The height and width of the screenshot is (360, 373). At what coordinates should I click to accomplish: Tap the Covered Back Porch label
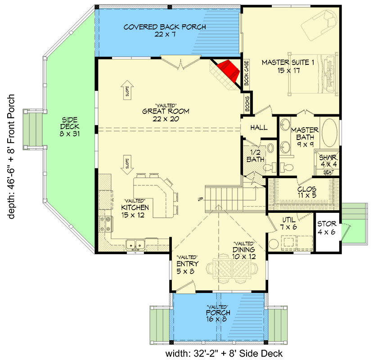point(165,31)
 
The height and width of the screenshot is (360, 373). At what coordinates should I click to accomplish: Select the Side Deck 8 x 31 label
point(69,127)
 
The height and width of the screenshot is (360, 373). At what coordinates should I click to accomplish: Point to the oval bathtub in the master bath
point(329,133)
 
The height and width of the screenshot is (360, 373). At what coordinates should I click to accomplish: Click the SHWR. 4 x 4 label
point(328,161)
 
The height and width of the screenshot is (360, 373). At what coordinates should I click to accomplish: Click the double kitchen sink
point(135,244)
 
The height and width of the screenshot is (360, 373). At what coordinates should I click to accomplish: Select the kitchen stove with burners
point(106,224)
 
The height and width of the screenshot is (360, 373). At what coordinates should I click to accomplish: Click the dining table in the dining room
point(232,268)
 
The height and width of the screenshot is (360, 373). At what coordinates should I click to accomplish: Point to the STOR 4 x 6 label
point(327,228)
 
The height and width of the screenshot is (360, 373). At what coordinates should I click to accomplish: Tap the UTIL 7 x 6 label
point(288,223)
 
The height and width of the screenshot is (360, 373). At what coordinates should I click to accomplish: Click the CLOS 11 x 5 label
point(307,192)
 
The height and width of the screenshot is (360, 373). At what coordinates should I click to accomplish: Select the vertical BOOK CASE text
point(246,72)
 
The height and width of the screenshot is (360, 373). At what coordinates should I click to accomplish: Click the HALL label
point(259,127)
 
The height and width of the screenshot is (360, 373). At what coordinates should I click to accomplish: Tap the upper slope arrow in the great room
point(127,90)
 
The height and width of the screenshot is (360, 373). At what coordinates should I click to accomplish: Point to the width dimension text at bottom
point(224,353)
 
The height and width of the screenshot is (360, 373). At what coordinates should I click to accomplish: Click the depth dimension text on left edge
point(11,157)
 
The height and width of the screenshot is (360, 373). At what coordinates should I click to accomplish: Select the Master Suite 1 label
point(288,67)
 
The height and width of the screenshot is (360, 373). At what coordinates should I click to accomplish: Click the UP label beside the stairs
point(200,199)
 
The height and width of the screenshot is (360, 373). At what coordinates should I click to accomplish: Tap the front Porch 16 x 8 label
point(218,314)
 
